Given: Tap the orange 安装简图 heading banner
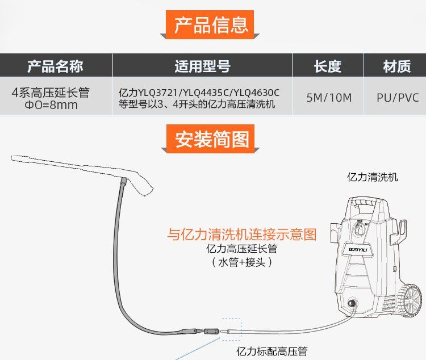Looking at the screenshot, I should pyautogui.click(x=211, y=140).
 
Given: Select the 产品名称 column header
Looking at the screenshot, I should pyautogui.click(x=55, y=66).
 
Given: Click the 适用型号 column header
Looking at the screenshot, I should pyautogui.click(x=202, y=66).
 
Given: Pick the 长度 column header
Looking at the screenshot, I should pyautogui.click(x=328, y=66).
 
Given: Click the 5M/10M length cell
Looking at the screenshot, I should pyautogui.click(x=329, y=97).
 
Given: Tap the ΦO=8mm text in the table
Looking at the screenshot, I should pyautogui.click(x=51, y=105).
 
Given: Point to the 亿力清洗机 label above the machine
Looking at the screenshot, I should pyautogui.click(x=373, y=177).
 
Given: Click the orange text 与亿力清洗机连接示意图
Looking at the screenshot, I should pyautogui.click(x=241, y=234).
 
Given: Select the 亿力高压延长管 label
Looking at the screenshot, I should pyautogui.click(x=243, y=249).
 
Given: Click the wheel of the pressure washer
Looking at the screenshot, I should pyautogui.click(x=410, y=299).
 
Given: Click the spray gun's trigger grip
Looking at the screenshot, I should pyautogui.click(x=142, y=182).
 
